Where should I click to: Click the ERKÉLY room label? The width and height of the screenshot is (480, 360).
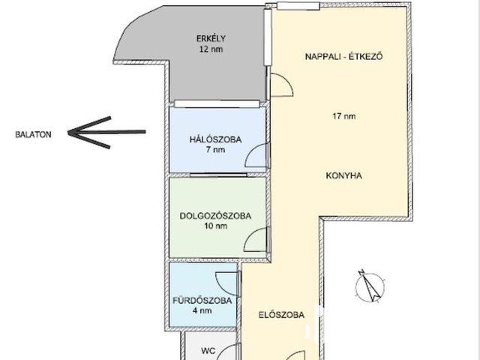coord(211,38)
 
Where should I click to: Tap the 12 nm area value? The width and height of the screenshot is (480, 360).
coord(211,49)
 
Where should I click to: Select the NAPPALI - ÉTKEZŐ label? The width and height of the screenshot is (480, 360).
coord(343,57)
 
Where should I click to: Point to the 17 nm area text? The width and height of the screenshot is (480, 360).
coord(344,116)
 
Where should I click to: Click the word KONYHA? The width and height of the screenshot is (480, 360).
coord(343,175)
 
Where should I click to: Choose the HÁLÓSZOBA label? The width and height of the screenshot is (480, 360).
coord(215,139)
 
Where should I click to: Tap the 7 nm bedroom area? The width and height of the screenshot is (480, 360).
coord(216,150)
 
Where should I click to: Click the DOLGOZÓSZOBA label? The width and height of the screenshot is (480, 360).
coord(215,216)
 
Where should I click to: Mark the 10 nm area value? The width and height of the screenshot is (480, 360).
coord(216,226)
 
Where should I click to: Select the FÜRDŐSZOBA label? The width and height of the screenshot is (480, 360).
coord(202,300)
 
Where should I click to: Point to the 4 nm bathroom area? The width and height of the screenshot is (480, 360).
coord(202,310)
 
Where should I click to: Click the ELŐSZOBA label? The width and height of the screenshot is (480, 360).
coord(281,315)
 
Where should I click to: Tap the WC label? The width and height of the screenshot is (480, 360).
coord(208,351)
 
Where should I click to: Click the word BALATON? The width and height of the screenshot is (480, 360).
coord(33,135)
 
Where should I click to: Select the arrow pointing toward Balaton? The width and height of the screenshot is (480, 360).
coord(106,133)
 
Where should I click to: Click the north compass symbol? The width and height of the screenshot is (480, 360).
coord(370,286)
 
